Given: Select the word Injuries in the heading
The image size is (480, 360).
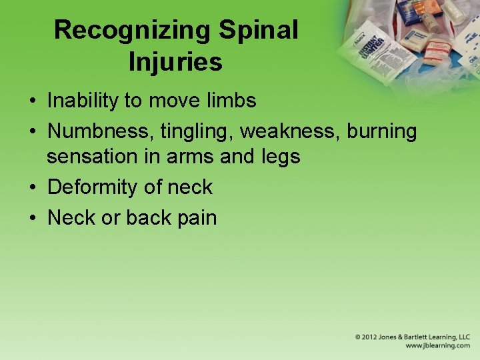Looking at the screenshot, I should [x=175, y=63].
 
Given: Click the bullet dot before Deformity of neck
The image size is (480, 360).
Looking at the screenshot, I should [x=32, y=188].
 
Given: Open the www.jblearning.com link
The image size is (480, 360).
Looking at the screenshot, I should [x=437, y=346].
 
